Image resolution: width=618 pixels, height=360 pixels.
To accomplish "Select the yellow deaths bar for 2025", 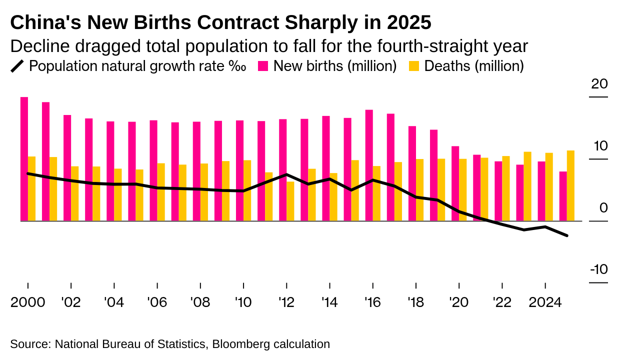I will coord(570,185).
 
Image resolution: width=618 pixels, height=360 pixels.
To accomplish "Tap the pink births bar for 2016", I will coord(369,165).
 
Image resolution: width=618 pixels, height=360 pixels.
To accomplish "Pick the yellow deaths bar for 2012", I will coord(290,201).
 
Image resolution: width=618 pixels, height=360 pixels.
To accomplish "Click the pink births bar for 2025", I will coord(563,196).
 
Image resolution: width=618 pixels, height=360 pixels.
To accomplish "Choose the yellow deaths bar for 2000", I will coord(31,188).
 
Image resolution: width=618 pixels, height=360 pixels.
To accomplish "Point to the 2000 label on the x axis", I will coord(28,303).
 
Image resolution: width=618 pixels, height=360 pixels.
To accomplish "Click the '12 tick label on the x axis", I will coord(286,303).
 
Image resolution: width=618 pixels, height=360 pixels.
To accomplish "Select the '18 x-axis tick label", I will coord(416,303).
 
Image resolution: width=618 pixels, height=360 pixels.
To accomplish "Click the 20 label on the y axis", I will coord(599,84).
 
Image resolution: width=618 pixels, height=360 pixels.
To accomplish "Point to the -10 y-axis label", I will coord(598,270).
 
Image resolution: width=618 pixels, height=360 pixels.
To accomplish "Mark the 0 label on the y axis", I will coord(603,208).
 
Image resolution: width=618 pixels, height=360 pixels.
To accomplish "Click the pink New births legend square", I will coord(263,66).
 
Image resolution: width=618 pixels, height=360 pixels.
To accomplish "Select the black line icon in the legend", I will coord(17,66).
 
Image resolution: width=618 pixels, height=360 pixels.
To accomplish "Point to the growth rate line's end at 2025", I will coord(566,235).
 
